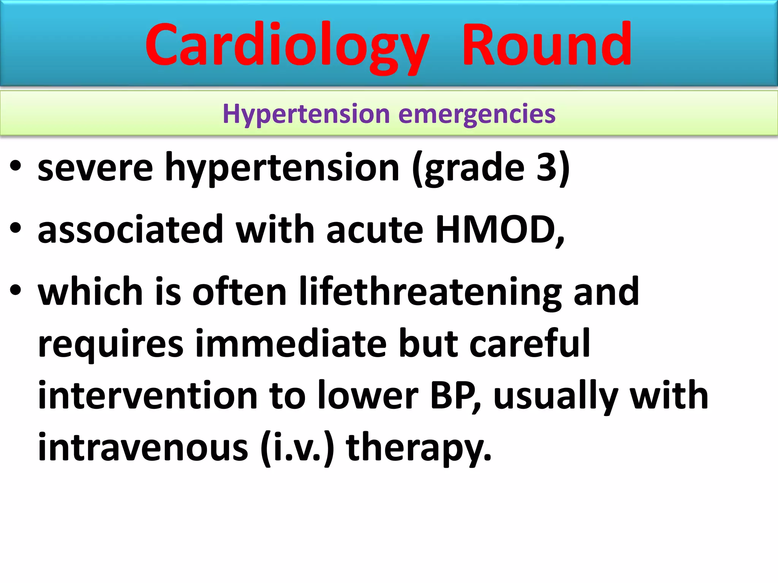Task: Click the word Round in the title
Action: [547, 45]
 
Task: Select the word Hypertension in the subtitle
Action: [306, 114]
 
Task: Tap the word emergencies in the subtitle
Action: [477, 114]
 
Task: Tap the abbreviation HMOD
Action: [496, 230]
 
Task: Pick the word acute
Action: [374, 230]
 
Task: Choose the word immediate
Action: [291, 343]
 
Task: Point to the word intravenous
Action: [142, 447]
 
